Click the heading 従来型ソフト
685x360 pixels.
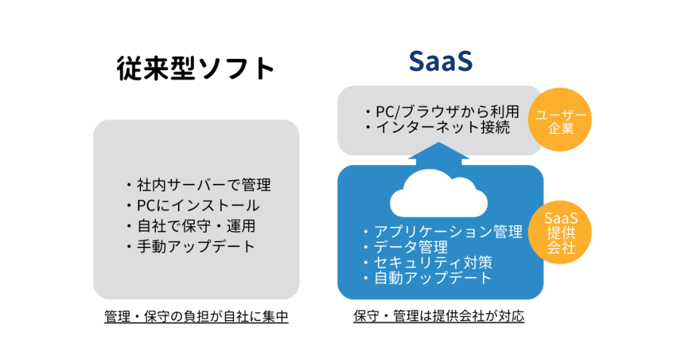click(195, 68)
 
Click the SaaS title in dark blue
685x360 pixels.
click(441, 62)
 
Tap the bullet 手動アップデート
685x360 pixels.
click(190, 246)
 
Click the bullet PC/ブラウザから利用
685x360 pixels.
click(442, 112)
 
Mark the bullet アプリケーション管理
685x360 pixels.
click(442, 232)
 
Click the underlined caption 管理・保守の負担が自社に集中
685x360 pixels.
click(196, 317)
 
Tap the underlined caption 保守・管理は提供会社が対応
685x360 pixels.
click(439, 317)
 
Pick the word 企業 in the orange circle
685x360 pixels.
click(561, 128)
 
